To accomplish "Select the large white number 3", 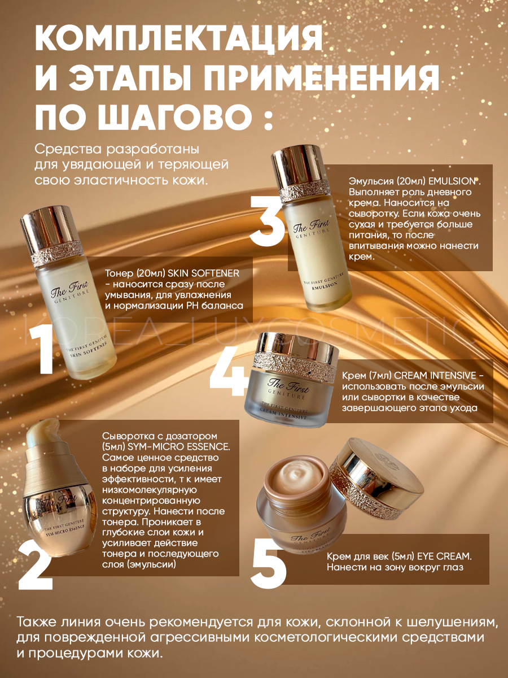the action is (267, 220).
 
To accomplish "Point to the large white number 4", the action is (229, 372).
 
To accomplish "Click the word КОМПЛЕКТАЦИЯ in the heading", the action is (179, 41).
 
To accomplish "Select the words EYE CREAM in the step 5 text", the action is (444, 557).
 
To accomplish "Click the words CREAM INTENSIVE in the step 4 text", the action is (436, 375).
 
